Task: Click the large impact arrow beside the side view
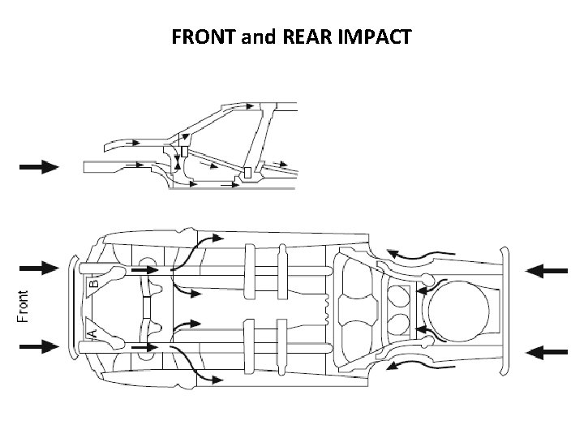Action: click(39, 166)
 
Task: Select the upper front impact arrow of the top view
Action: click(39, 267)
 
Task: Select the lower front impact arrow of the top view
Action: click(39, 346)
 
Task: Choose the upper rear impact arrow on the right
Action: click(546, 270)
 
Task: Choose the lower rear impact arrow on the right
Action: click(546, 351)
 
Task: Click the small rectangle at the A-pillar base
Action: click(185, 152)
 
